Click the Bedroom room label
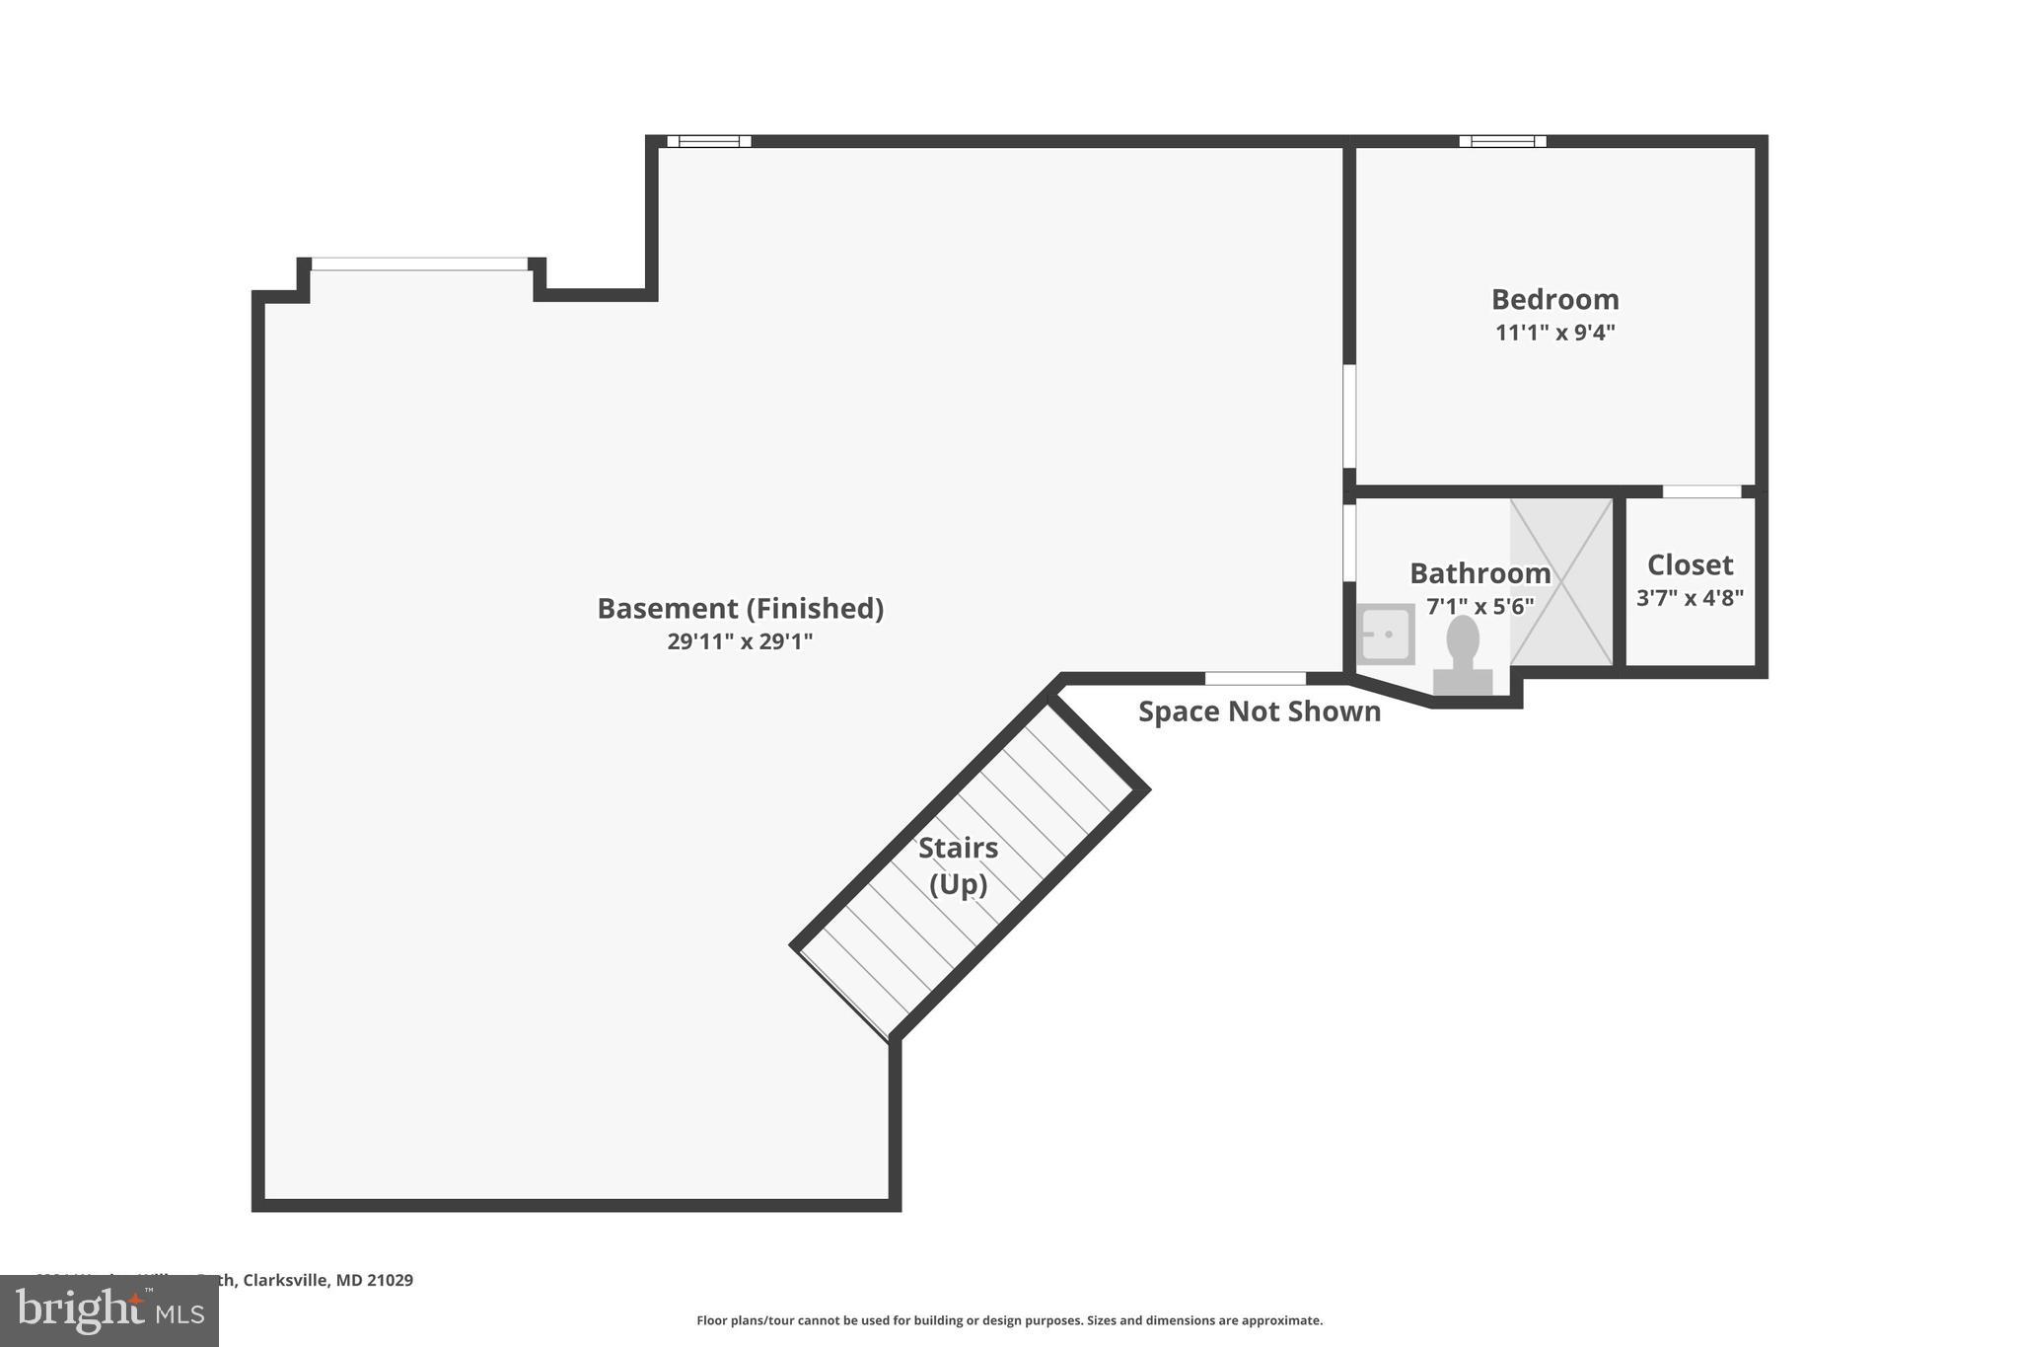pos(1554,299)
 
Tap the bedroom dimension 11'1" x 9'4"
pos(1554,333)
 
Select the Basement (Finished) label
pos(740,608)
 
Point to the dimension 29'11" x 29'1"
pos(740,641)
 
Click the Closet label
pos(1690,564)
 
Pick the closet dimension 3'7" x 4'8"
pos(1690,598)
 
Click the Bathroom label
pos(1479,573)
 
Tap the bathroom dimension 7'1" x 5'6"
pos(1479,606)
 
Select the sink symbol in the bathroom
pos(1385,634)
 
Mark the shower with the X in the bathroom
pos(1561,581)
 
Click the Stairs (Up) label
pos(958,865)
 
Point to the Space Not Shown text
pos(1259,711)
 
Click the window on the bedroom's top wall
pos(1502,141)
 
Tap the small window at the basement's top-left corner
pos(709,141)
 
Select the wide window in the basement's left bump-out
pos(419,263)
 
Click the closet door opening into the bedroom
pos(1701,490)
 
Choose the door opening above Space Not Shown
pos(1255,678)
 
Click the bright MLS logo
pos(109,1310)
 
